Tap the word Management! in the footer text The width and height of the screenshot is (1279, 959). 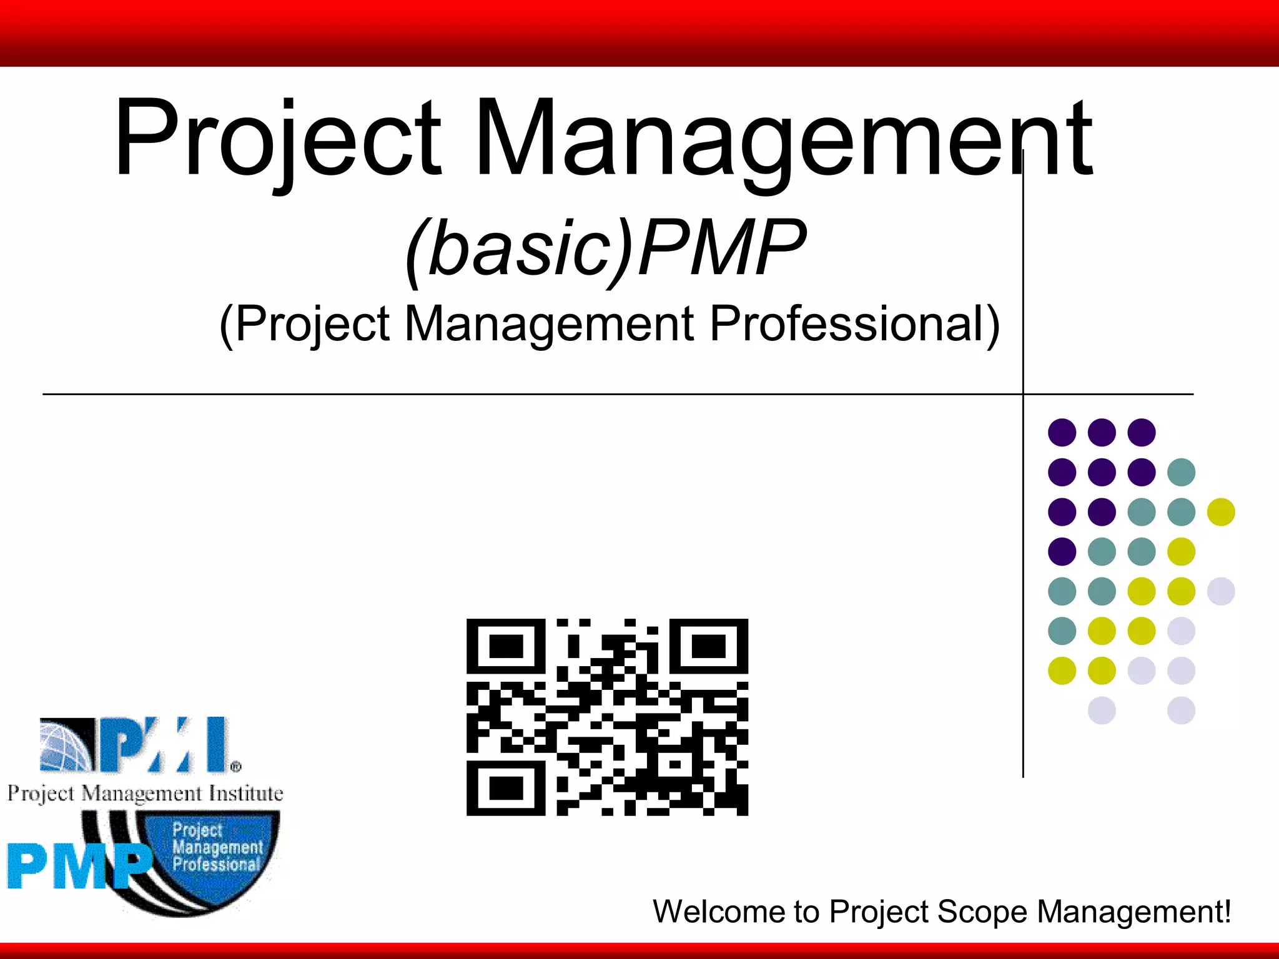point(1134,912)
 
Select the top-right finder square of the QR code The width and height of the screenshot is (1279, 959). point(709,646)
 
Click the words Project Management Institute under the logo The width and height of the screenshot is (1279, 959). point(145,794)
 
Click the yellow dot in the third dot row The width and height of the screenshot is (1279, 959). point(1221,512)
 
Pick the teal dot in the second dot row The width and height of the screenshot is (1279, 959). point(1181,472)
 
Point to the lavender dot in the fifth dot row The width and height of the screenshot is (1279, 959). point(1221,591)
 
